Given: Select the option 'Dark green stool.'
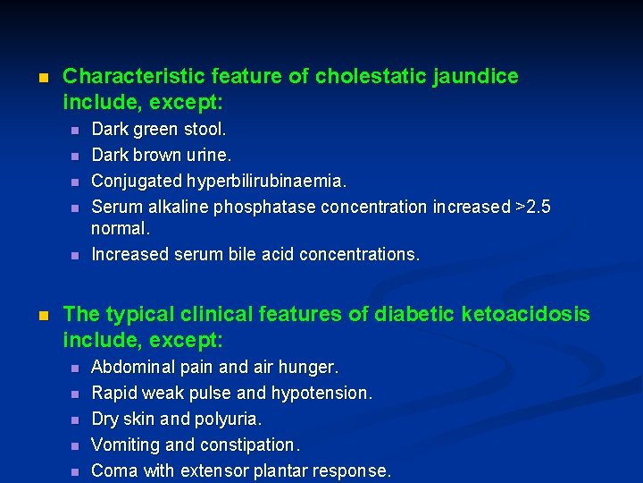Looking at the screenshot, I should [x=159, y=130].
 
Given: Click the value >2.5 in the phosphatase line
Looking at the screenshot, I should [x=534, y=207].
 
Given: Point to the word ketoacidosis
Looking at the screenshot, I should [x=514, y=314].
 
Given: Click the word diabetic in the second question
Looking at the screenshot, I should [x=405, y=314].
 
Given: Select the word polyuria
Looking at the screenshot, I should [x=231, y=419].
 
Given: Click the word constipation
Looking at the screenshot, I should [x=255, y=445].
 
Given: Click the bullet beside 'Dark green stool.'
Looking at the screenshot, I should [x=76, y=131].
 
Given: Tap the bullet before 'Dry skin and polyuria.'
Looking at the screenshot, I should [x=76, y=419].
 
